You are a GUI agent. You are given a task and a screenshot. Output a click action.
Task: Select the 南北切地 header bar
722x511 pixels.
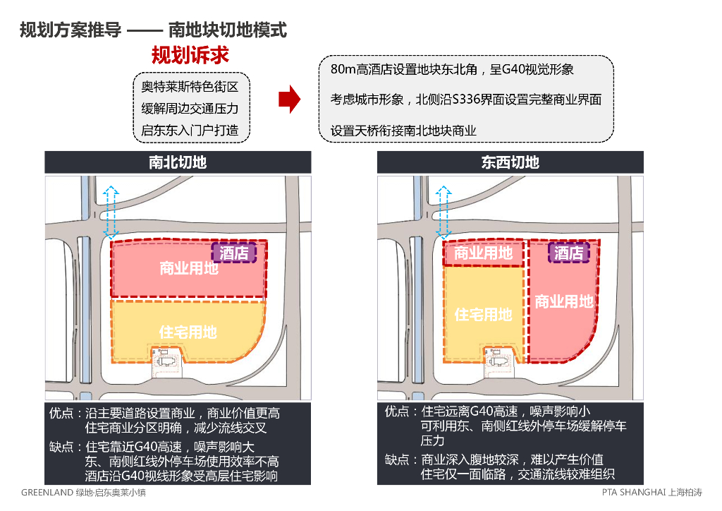point(178,162)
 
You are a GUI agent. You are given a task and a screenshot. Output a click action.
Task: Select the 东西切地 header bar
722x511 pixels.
point(510,162)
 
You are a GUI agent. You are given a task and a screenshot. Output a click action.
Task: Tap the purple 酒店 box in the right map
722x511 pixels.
point(568,253)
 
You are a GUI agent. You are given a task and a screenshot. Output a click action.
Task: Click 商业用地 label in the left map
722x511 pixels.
point(188,268)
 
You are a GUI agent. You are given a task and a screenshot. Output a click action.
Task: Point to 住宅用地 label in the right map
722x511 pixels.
point(483,314)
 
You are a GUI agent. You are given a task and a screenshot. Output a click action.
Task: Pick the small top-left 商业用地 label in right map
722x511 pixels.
point(483,253)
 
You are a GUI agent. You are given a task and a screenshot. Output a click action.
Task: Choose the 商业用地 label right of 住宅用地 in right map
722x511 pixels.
point(564,301)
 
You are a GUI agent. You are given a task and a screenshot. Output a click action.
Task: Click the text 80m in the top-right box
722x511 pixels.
point(343,70)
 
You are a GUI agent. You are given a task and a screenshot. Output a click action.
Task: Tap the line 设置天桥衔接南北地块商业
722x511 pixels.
point(404,131)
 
